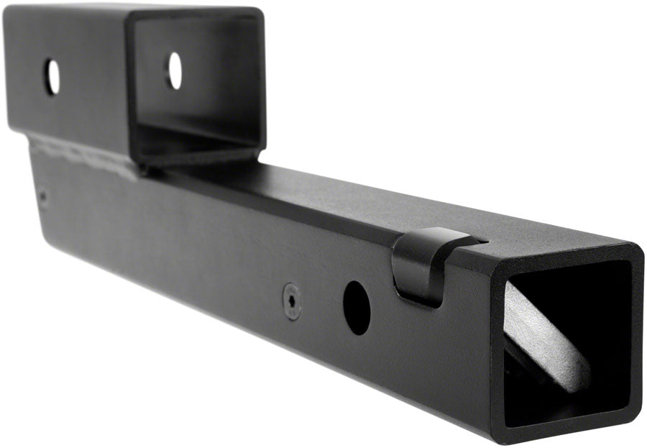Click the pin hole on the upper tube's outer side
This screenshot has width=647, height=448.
[52, 76]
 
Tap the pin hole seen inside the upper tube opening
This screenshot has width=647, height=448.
[175, 70]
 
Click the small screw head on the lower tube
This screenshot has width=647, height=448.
[292, 300]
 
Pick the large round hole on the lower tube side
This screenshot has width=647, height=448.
[356, 306]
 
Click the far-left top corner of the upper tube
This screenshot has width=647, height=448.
[9, 9]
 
